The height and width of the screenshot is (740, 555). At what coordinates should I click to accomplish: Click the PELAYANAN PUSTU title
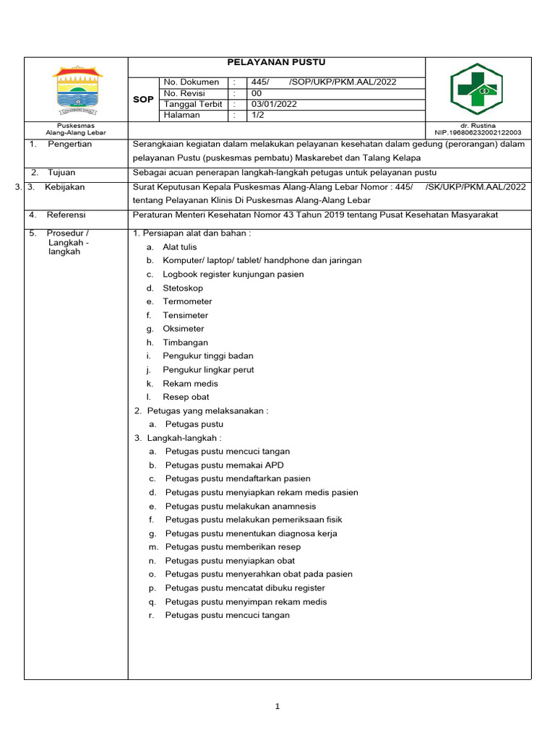point(277,63)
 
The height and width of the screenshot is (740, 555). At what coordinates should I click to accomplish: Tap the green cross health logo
point(478,89)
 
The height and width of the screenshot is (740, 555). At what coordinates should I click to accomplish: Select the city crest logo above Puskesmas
point(77,90)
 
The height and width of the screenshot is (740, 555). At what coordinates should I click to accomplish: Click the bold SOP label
point(143,99)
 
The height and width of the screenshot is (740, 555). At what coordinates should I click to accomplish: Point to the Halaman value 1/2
point(257,115)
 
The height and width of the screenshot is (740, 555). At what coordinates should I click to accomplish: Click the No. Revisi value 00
point(256,93)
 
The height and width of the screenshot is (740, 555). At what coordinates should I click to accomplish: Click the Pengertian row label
point(70,144)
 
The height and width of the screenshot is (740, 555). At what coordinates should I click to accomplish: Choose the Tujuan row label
point(61,173)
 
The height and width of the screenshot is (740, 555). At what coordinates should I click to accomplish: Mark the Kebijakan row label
point(64,187)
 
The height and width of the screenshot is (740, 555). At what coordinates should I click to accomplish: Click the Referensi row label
point(66,215)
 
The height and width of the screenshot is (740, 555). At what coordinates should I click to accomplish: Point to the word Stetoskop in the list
point(183,288)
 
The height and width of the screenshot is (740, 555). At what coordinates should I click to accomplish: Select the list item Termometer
point(187,301)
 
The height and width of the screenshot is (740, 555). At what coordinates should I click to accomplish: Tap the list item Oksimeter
point(184,329)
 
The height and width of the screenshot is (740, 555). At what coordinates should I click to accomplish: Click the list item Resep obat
point(186,397)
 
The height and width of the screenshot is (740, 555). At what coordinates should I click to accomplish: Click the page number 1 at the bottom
point(277,707)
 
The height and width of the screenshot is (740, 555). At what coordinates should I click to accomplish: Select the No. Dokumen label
point(192,82)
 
